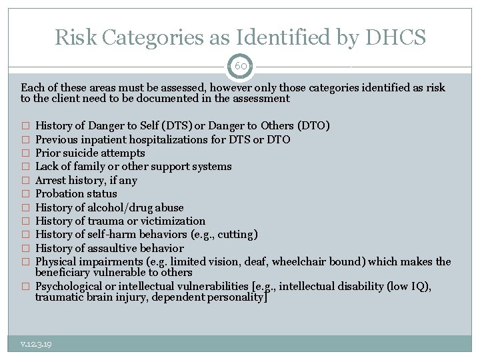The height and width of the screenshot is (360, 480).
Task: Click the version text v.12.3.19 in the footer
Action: [37, 344]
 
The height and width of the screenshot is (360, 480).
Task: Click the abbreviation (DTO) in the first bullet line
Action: [313, 126]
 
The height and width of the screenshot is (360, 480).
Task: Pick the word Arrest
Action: [50, 180]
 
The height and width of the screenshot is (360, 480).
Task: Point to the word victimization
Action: [176, 221]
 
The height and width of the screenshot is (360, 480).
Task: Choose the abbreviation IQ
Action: [420, 287]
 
